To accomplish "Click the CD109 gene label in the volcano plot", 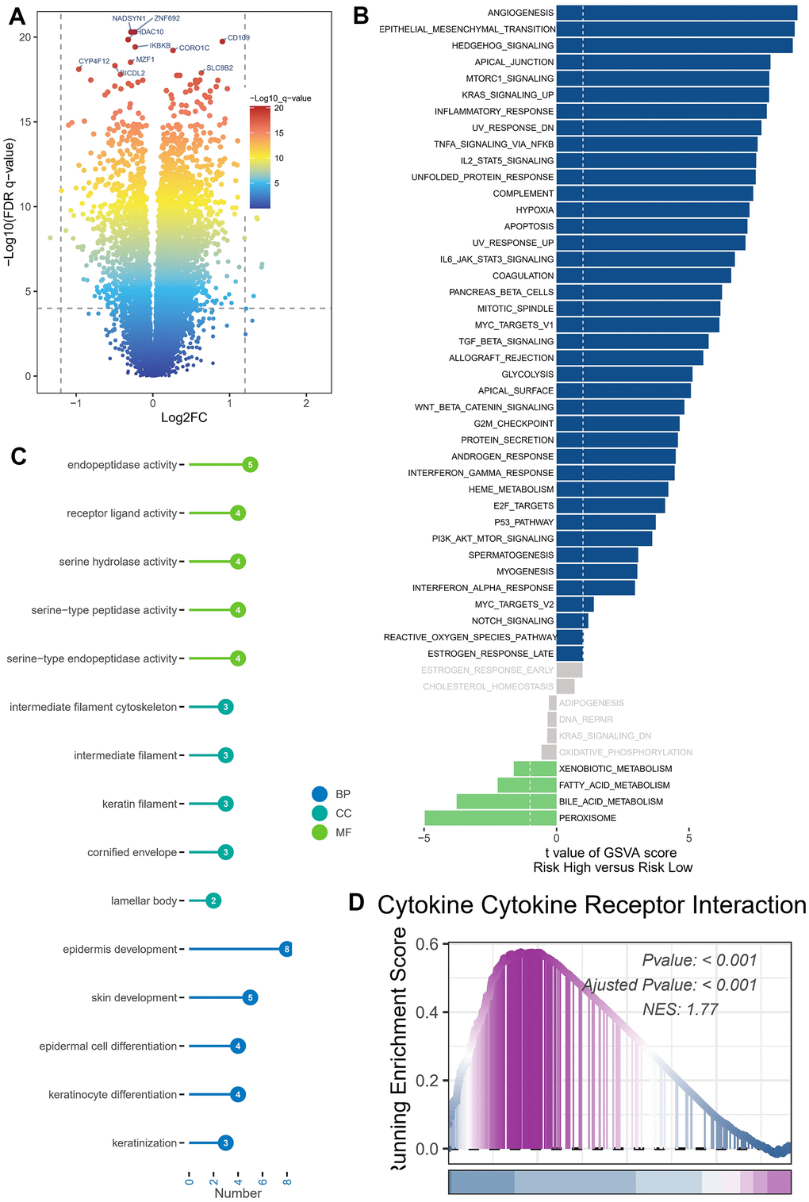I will click(238, 37).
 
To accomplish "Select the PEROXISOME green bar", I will click(490, 818).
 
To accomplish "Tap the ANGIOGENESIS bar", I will click(676, 13).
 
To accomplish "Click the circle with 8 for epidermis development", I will click(287, 949).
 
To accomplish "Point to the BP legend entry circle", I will click(320, 794).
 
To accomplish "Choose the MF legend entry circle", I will click(320, 832).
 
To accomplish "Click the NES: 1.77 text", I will click(680, 1009).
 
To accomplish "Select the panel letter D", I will click(356, 903).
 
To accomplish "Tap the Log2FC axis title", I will click(184, 418).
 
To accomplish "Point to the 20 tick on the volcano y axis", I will click(25, 37).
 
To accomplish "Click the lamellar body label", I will click(144, 901).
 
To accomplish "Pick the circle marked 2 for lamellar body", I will click(213, 901).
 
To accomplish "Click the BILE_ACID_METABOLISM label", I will click(611, 801).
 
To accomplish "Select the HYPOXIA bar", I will click(652, 210).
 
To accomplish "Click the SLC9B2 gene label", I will click(220, 68).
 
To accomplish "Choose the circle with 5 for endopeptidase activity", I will click(251, 465).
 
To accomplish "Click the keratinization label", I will click(144, 1143).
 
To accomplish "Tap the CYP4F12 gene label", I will click(94, 61).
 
